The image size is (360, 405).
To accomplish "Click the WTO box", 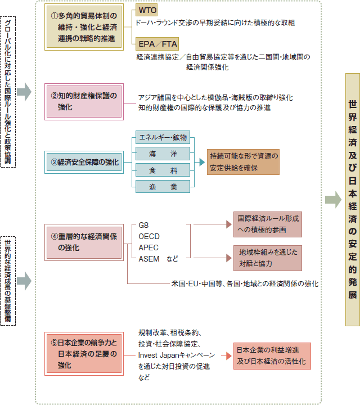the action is coord(146,10).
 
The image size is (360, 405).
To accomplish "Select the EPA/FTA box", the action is coord(157,44).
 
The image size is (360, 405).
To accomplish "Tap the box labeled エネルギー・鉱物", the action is coord(163,137).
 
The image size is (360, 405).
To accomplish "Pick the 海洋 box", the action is coord(163,154).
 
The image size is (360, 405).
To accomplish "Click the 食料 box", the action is coord(163,170).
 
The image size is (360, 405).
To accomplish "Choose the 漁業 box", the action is coord(163,186).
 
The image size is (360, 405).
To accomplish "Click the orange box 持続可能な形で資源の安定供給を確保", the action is coord(243,162).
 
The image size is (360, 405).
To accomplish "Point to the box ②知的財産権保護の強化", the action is coord(84,102).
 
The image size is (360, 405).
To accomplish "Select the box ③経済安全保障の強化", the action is coord(84,162).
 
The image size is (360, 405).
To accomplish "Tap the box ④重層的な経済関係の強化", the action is coord(84,242).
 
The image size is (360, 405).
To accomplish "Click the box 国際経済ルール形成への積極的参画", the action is coord(268,224).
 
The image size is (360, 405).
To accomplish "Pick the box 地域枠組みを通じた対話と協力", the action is coord(268,258).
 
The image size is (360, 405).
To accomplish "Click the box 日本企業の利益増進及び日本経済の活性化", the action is coord(272,356).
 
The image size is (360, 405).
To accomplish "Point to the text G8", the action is coord(143,225).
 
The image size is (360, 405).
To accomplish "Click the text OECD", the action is coord(149,236).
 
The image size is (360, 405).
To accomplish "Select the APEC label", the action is coord(148,247).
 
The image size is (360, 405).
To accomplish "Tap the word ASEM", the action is coord(149,259).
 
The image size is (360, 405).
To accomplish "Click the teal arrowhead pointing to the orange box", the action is coord(202,162).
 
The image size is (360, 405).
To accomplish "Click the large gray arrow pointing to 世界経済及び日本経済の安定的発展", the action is coord(333,200).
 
